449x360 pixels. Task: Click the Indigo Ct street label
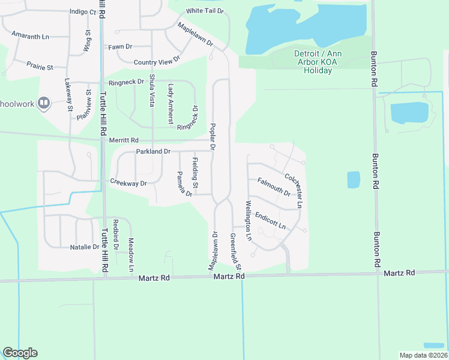point(82,11)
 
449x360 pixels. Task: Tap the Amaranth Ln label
point(30,37)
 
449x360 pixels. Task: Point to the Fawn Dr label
point(120,47)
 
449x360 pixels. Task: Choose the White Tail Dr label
point(205,11)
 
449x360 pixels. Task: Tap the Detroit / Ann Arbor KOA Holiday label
point(318,62)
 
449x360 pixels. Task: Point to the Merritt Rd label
point(124,140)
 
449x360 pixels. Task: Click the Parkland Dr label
point(153,152)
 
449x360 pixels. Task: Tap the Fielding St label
point(194,170)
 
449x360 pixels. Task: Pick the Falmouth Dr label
point(274,187)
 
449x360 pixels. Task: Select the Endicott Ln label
point(270,220)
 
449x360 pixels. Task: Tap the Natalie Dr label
point(84,247)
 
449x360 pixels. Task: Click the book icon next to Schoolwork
point(43,103)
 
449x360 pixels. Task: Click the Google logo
point(20,353)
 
